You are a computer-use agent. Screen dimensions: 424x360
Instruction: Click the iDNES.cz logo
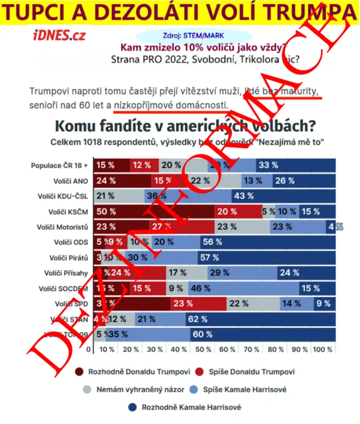[59, 36]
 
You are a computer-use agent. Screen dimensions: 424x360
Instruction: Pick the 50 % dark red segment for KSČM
[154, 211]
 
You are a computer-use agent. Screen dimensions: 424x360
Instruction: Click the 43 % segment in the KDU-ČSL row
[284, 196]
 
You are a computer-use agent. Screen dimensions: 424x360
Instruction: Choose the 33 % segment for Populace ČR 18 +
[296, 165]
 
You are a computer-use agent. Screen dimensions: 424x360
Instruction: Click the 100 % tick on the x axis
[322, 349]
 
